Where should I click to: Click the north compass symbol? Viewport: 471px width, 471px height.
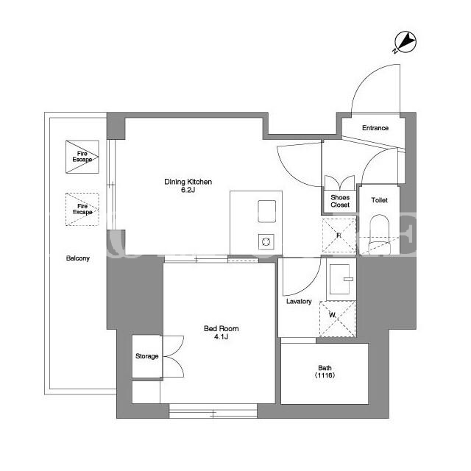[x=405, y=42]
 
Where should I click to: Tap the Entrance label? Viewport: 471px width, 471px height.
[x=375, y=128]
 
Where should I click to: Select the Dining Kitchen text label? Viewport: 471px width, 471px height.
[x=188, y=182]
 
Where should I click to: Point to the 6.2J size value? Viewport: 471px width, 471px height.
[x=188, y=190]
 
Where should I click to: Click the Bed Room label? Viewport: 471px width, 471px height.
[x=222, y=329]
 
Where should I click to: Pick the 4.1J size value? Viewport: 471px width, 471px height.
[x=221, y=337]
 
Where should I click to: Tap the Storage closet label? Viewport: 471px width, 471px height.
[x=147, y=356]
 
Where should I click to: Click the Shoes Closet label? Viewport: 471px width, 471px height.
[x=340, y=201]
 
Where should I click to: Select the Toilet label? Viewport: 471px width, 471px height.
[x=380, y=200]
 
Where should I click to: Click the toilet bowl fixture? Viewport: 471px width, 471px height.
[x=380, y=235]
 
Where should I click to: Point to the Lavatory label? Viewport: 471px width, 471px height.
[x=299, y=301]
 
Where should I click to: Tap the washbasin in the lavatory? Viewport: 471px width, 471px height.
[x=341, y=280]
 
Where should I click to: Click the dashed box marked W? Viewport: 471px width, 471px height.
[x=338, y=319]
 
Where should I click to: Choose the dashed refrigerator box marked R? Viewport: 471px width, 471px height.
[x=339, y=235]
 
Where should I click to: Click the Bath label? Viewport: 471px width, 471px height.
[x=325, y=368]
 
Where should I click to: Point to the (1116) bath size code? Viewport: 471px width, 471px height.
[x=325, y=375]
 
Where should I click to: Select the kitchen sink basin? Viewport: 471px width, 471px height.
[x=266, y=211]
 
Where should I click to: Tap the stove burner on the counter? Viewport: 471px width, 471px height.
[x=266, y=241]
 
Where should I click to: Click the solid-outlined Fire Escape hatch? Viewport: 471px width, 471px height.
[x=82, y=157]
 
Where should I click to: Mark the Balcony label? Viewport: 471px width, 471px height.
[x=78, y=258]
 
